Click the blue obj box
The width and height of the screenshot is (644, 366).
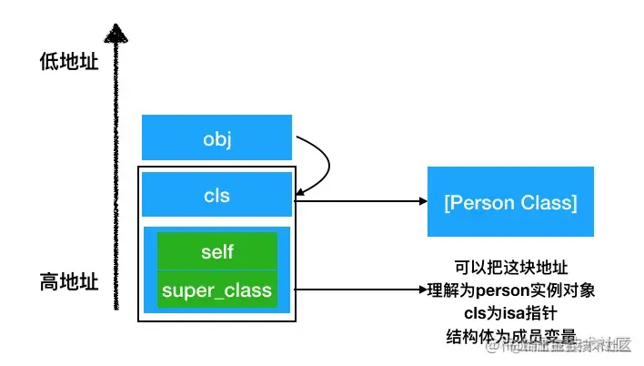click(216, 137)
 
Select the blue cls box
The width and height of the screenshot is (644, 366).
click(216, 194)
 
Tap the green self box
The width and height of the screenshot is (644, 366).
click(216, 250)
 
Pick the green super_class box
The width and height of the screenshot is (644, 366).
click(216, 290)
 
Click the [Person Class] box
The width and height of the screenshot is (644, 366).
click(510, 201)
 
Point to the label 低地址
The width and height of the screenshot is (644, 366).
click(68, 62)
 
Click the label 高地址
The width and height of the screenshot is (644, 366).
click(68, 281)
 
